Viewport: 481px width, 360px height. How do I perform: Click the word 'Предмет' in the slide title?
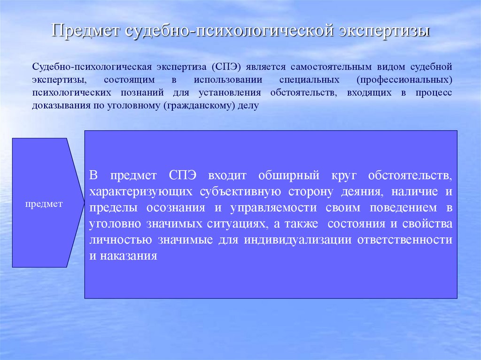click(x=85, y=31)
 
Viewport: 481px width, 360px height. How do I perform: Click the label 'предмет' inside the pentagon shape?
click(x=44, y=204)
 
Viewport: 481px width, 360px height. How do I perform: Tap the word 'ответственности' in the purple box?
click(x=405, y=239)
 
